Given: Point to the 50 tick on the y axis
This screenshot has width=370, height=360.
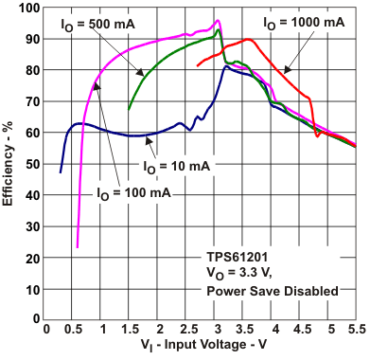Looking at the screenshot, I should pyautogui.click(x=31, y=164).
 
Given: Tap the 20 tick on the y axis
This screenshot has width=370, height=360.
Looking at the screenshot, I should pyautogui.click(x=31, y=258).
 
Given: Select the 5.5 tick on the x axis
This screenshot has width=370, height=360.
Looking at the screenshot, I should pyautogui.click(x=355, y=331).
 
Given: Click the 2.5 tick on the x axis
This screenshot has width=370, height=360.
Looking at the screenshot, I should pyautogui.click(x=187, y=331).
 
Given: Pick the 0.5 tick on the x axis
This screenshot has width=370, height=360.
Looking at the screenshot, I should pyautogui.click(x=76, y=331).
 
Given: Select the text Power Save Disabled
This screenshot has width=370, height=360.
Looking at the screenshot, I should pyautogui.click(x=272, y=291).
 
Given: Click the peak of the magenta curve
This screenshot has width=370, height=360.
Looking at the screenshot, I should pyautogui.click(x=219, y=20).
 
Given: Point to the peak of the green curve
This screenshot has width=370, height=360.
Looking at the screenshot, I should pyautogui.click(x=219, y=30).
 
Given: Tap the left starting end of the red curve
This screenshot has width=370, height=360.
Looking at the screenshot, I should pyautogui.click(x=198, y=66).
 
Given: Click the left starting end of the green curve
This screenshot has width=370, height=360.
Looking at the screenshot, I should pyautogui.click(x=130, y=109).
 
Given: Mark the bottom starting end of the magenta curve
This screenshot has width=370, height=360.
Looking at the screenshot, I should pyautogui.click(x=77, y=247).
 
